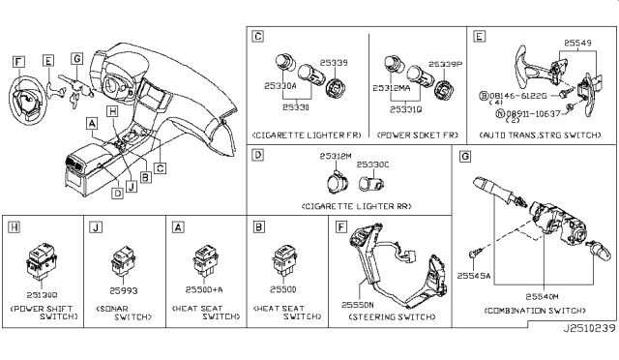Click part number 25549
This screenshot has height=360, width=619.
point(579,45)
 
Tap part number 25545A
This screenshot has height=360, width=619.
point(474,275)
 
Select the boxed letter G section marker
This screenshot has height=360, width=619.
point(465,157)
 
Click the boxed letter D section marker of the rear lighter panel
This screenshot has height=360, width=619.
point(257,155)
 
